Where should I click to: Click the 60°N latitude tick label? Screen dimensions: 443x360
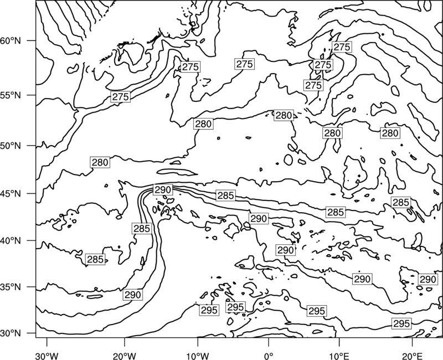[11, 40]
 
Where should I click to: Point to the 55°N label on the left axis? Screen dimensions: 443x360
[11, 95]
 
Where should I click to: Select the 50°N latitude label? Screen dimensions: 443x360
[11, 146]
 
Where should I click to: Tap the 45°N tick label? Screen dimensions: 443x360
[11, 193]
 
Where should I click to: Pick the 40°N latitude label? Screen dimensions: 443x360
[11, 241]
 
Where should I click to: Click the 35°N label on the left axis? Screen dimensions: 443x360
[11, 287]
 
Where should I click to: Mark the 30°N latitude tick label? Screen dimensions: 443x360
[11, 333]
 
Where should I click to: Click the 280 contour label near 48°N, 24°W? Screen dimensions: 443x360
[100, 162]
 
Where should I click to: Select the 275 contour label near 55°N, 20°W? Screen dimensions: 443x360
[121, 96]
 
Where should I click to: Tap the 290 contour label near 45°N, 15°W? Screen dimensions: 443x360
[163, 189]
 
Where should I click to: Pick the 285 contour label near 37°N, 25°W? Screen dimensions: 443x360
[95, 259]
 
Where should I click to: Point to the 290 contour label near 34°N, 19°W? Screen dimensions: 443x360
[132, 295]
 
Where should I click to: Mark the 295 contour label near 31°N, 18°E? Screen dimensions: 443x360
[401, 323]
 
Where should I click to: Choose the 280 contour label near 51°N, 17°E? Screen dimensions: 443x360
[390, 133]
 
